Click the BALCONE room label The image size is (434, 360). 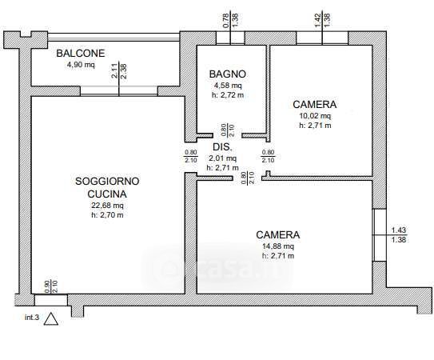(x=81, y=54)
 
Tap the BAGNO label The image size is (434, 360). (x=228, y=74)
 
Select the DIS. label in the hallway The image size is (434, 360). (x=222, y=147)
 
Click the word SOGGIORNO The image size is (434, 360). (x=107, y=182)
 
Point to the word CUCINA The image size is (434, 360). (x=107, y=194)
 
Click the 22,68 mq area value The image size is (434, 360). (x=107, y=206)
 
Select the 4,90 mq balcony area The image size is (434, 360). (x=81, y=65)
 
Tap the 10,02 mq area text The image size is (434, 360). (x=315, y=115)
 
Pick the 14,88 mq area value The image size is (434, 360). (x=278, y=246)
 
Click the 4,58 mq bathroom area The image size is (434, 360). (x=228, y=86)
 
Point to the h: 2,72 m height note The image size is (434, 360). (x=228, y=95)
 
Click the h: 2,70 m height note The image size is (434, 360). (x=107, y=215)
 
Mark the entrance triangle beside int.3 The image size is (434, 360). (x=51, y=319)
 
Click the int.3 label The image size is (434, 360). (x=32, y=318)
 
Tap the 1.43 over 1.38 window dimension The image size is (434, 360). (x=399, y=234)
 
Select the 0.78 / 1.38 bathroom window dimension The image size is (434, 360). (x=230, y=20)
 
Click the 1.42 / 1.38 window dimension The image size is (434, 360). (x=322, y=20)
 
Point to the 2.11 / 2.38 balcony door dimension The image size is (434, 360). (x=119, y=71)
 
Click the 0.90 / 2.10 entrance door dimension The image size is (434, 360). (x=51, y=286)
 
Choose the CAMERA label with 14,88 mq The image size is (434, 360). (x=278, y=234)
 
